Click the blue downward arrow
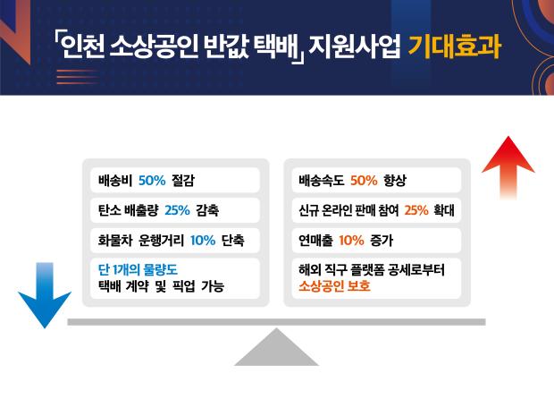tap(45, 296)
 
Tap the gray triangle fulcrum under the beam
tap(276, 347)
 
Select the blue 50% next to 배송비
tap(152, 181)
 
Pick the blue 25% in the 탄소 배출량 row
tap(177, 210)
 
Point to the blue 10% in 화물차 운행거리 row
tap(203, 241)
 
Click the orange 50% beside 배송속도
tap(364, 181)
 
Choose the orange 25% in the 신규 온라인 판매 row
tap(416, 210)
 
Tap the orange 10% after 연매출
tap(351, 241)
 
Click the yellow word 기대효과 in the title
tap(455, 47)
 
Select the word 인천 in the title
tap(82, 47)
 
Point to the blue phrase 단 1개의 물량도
tap(138, 270)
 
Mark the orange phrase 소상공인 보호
tap(334, 285)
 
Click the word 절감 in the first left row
tap(183, 181)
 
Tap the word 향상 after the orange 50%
tap(395, 181)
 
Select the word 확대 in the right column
tap(444, 210)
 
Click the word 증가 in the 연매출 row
tap(382, 241)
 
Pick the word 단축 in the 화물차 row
tap(233, 241)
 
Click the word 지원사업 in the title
tap(355, 47)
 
